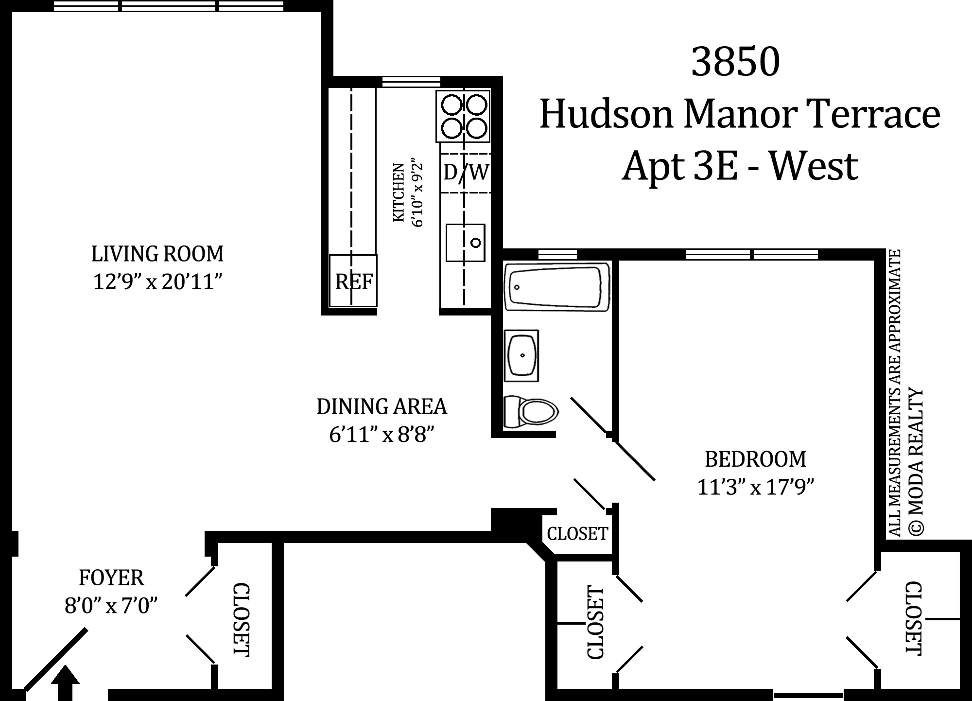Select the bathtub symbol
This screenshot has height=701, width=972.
point(557,286)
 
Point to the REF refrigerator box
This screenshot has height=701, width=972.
point(353,281)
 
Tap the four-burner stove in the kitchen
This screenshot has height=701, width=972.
point(463,116)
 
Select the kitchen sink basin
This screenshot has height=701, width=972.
point(466,242)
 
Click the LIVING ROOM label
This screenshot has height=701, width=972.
point(157,254)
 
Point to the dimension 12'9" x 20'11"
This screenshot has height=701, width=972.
point(157,281)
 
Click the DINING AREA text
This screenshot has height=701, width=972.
point(382,407)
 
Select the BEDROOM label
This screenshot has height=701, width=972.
point(755,459)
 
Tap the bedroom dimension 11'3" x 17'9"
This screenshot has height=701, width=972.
point(755,487)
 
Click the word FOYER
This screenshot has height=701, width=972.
point(111,578)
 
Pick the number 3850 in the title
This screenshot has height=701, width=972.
point(735,62)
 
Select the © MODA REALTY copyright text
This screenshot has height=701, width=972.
point(915,462)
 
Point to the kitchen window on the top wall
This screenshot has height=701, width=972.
point(411,82)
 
